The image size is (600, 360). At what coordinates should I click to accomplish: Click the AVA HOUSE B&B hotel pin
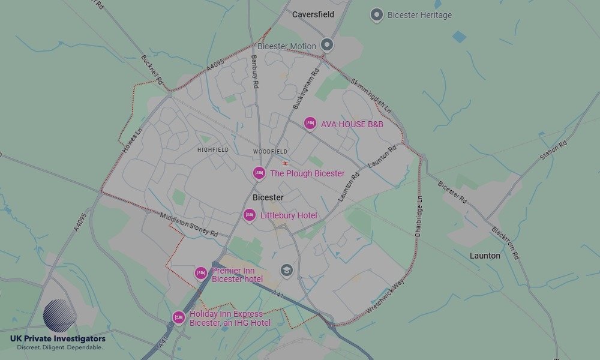tap(310, 123)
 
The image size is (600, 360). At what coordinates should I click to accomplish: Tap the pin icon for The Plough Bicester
tap(259, 173)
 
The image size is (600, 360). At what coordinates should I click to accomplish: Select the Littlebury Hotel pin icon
tap(249, 215)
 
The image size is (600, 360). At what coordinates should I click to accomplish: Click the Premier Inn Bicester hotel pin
tap(201, 273)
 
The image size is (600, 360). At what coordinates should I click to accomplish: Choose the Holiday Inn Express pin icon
tap(178, 317)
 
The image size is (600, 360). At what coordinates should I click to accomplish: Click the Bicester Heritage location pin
tap(376, 15)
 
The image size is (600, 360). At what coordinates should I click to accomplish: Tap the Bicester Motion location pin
tap(326, 44)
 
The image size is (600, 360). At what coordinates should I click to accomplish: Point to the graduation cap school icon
tap(287, 271)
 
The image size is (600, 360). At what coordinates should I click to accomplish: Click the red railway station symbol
tap(285, 163)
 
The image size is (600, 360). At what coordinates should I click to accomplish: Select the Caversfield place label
tap(313, 14)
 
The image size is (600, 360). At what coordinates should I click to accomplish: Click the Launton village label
tap(485, 256)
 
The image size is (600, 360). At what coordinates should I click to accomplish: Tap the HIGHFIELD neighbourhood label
tap(212, 150)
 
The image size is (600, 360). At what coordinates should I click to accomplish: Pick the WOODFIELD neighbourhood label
tap(270, 152)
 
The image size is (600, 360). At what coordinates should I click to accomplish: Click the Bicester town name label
tap(268, 197)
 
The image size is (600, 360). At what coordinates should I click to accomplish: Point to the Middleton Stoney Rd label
tap(188, 224)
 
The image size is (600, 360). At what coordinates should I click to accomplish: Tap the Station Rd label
tap(553, 151)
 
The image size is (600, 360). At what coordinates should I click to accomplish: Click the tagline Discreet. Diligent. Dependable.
tap(59, 347)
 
